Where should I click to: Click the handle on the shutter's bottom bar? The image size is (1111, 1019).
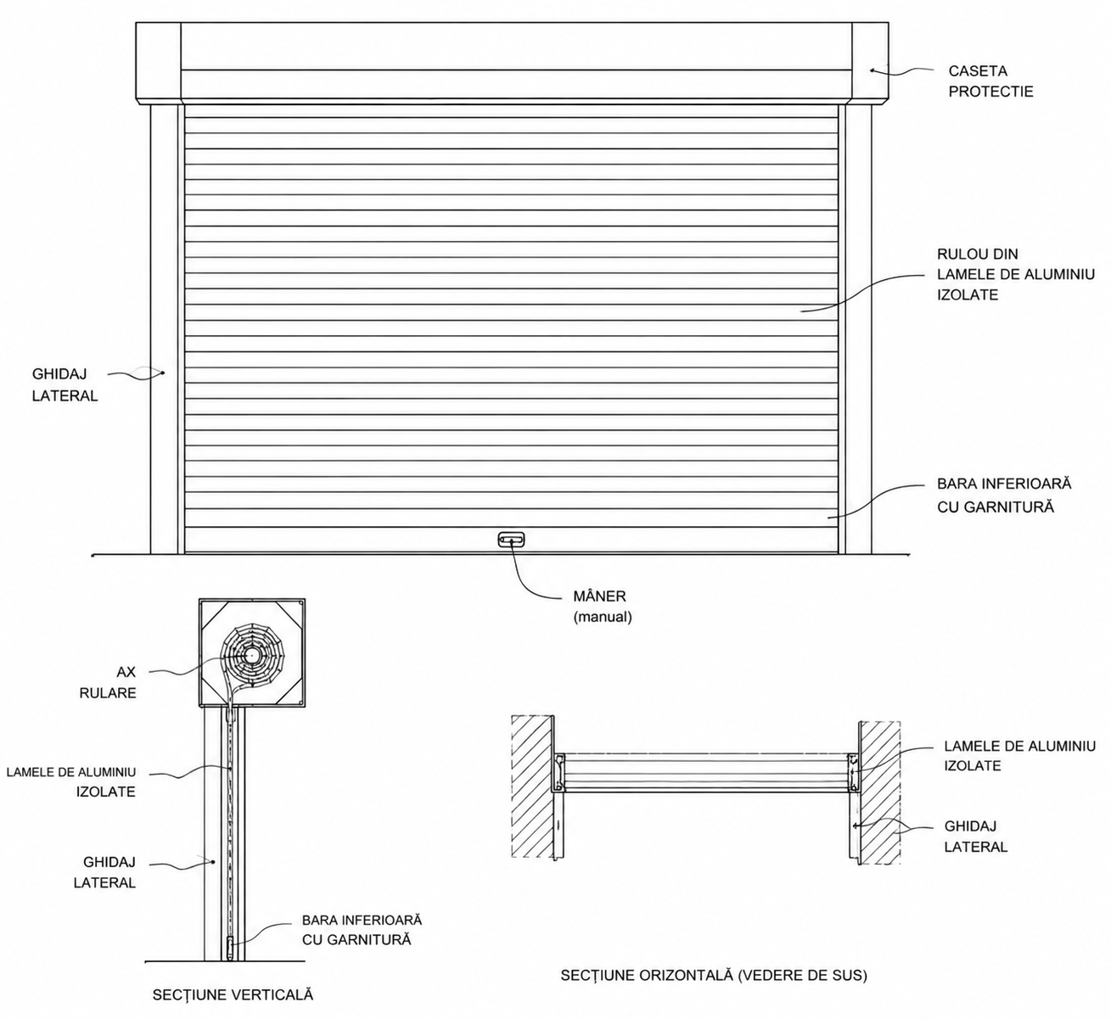(x=511, y=539)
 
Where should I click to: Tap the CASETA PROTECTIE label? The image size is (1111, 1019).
(x=990, y=81)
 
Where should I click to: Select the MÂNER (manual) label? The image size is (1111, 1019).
(x=602, y=606)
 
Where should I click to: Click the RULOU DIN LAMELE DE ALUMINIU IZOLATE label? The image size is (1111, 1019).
(x=1016, y=274)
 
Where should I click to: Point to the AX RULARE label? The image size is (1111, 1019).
(x=108, y=682)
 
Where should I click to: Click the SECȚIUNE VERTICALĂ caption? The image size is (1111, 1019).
(x=233, y=994)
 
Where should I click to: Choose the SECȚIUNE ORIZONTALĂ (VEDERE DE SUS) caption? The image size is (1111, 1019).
(x=714, y=975)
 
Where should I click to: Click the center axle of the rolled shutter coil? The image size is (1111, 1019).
(x=252, y=656)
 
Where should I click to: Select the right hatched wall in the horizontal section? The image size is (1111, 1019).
(x=879, y=792)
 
